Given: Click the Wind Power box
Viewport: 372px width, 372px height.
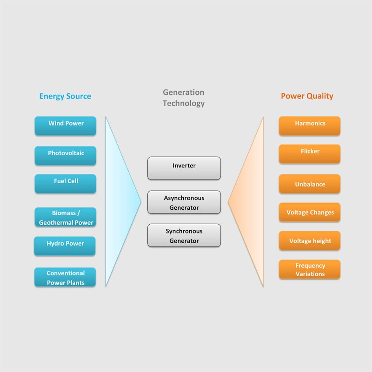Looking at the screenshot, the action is point(66,126).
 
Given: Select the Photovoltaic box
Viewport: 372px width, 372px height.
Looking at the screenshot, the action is point(66,156).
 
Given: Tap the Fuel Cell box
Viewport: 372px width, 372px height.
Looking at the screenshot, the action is point(66,184).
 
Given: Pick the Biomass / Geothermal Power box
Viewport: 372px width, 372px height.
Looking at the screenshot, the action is point(66,217).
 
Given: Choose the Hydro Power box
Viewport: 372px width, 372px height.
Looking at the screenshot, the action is point(65,246).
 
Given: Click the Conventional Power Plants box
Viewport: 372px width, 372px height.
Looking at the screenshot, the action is point(65,277).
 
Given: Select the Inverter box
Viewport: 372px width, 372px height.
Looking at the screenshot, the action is point(184,168).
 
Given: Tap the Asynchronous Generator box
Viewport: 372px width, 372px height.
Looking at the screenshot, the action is point(184,202).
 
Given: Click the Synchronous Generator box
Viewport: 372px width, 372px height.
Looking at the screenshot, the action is point(184,235).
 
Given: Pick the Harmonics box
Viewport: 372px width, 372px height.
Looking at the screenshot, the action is point(310,126).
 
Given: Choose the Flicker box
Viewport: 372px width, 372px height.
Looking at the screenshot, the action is point(310,154).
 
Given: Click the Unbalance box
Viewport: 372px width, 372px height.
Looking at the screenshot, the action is point(310,184).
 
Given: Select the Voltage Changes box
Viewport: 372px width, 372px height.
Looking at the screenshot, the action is point(310,212).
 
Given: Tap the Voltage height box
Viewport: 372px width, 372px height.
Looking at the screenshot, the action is point(310,240).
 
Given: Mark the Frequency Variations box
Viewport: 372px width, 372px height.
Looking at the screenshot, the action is point(310,269).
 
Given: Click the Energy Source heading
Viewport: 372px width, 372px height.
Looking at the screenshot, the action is point(65,96).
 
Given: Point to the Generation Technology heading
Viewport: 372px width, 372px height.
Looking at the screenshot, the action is point(184,98).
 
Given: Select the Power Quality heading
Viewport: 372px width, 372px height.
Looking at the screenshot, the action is point(307,96).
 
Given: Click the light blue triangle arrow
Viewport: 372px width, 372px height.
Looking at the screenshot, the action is point(119,202).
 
